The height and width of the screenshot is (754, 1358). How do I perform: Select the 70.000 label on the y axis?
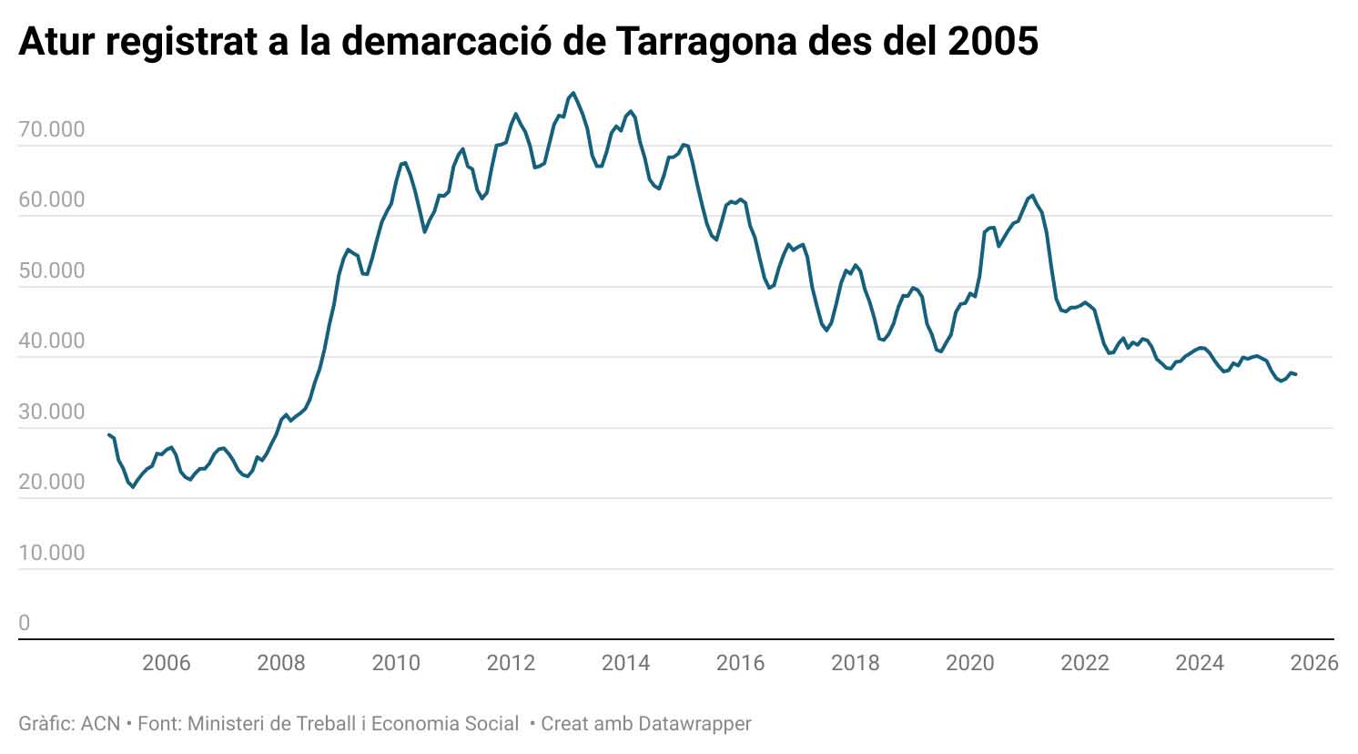51,129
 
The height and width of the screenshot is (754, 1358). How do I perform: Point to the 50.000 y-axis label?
51,270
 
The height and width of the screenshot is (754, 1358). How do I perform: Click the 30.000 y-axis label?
51,412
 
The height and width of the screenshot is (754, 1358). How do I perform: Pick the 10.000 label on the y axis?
51,553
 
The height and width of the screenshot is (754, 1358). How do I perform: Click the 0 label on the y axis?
25,623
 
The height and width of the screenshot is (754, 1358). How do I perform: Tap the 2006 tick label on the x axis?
167,663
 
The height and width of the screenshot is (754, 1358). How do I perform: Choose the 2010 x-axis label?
396,663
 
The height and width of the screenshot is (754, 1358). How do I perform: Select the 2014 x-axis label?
625,663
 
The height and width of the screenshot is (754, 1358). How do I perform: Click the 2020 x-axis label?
970,663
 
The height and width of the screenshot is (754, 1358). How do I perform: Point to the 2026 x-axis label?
1314,663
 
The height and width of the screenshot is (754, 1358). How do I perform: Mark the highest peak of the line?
573,93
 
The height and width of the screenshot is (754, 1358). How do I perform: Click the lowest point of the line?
133,487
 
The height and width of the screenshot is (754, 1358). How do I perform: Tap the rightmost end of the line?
1296,374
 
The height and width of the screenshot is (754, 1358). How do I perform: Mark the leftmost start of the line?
108,434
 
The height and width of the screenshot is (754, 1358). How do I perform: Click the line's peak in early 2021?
1031,195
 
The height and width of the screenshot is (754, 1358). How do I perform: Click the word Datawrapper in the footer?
694,724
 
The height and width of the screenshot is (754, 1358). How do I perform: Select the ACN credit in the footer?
100,724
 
